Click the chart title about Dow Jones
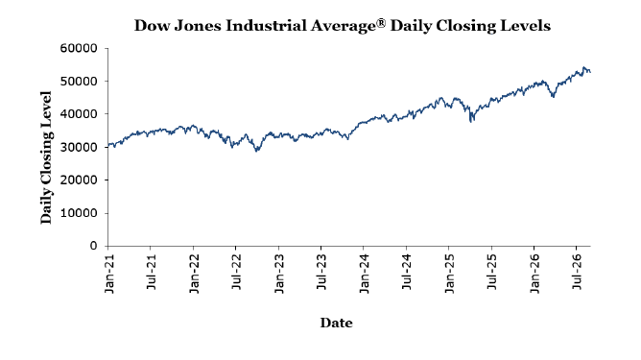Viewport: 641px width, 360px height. click(343, 26)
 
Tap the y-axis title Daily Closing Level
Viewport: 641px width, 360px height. click(46, 157)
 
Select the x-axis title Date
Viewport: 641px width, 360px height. click(336, 323)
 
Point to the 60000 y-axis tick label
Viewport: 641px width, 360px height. click(79, 48)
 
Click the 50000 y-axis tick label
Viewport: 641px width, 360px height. click(79, 81)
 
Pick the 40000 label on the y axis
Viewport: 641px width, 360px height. click(79, 114)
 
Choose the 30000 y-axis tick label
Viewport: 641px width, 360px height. click(79, 147)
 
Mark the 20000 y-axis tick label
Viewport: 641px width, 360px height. click(79, 180)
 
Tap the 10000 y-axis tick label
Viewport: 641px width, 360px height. click(79, 213)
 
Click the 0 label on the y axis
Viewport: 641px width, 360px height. click(94, 246)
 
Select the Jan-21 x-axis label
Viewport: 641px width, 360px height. click(109, 274)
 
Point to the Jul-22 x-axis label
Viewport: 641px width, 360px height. click(237, 272)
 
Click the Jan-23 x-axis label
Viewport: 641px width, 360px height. click(279, 274)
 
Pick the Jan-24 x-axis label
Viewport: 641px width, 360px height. click(365, 274)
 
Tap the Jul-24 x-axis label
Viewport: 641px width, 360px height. click(407, 272)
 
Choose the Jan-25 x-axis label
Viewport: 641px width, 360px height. click(450, 274)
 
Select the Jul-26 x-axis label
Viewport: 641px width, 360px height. click(578, 272)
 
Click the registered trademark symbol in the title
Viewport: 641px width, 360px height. click(381, 23)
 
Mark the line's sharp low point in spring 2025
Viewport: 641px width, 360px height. click(471, 122)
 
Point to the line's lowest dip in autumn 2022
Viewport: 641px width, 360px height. click(256, 152)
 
